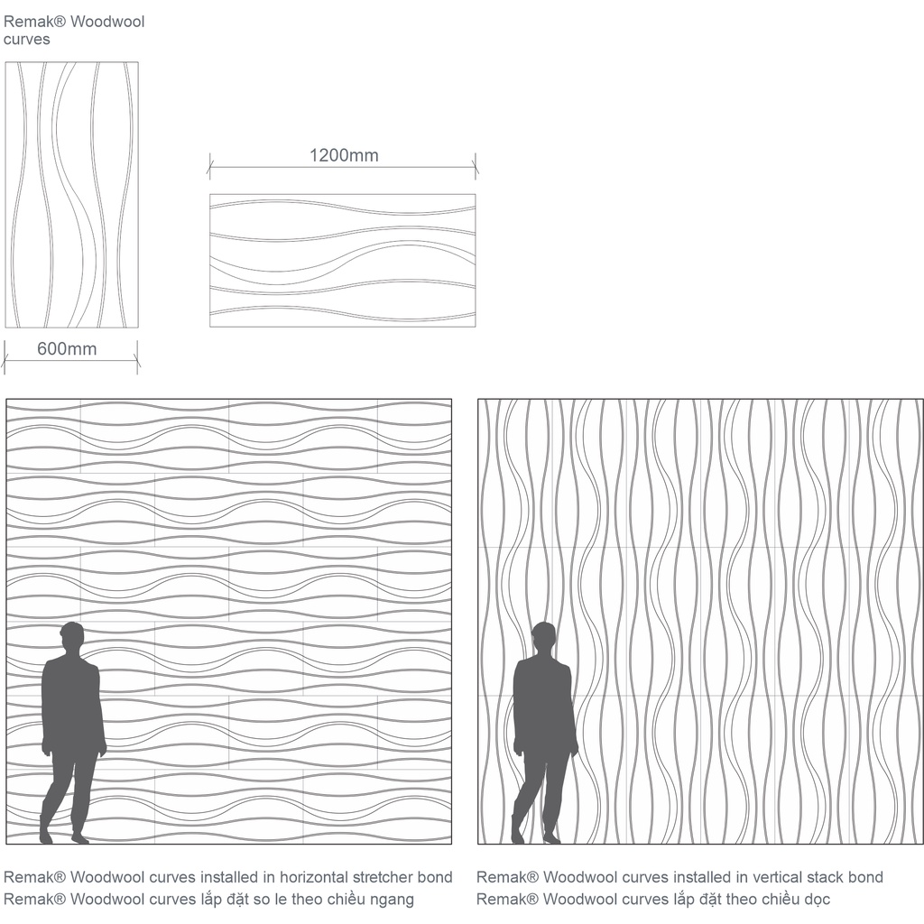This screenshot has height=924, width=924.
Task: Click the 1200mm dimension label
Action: [344, 155]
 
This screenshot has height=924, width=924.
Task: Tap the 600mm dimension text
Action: [67, 349]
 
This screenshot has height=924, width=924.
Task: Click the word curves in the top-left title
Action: [26, 40]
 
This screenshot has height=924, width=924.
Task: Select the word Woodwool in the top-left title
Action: [107, 22]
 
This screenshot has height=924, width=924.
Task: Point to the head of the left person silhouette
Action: [72, 638]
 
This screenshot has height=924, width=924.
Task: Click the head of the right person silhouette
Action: [543, 638]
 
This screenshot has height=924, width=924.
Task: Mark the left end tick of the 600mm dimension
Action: [5, 357]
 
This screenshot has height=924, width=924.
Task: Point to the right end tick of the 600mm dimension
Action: [137, 357]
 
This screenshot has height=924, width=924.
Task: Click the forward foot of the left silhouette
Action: [80, 838]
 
